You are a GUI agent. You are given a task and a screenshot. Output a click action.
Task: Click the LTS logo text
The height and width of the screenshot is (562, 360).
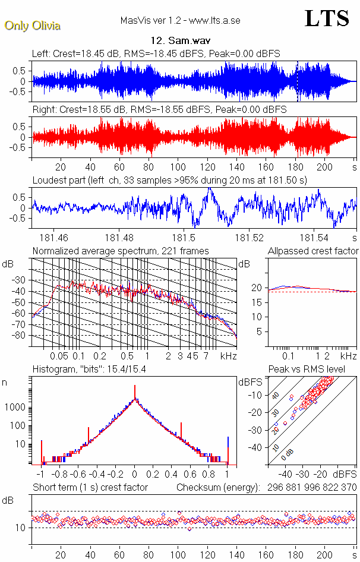(x=327, y=18)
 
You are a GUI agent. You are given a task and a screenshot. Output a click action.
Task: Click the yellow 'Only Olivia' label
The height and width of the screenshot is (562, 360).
(x=33, y=26)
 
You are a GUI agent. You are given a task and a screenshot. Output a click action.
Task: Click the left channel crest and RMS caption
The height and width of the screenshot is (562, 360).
(x=156, y=53)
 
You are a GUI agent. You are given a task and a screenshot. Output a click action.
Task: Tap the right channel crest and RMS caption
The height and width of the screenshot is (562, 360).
(x=159, y=110)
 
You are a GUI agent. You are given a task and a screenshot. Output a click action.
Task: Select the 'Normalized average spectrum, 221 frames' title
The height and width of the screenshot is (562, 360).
(x=121, y=251)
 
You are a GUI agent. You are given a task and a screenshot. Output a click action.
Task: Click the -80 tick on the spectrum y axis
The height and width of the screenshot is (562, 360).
(x=20, y=336)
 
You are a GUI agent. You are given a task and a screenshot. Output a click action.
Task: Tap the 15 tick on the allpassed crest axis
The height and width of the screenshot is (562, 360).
(x=258, y=302)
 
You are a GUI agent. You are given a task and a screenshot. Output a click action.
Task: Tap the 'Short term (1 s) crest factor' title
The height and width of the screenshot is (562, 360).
(x=90, y=487)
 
